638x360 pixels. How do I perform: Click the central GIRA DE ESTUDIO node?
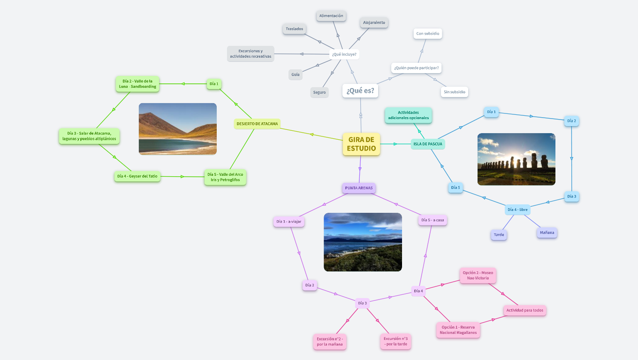(x=361, y=144)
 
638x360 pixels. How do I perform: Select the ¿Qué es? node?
(x=360, y=90)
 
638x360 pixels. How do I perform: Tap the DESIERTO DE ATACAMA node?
(x=257, y=124)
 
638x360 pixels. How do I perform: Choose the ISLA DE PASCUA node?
(x=427, y=144)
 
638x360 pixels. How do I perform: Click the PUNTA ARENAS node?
(x=359, y=188)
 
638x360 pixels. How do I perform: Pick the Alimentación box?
(x=331, y=16)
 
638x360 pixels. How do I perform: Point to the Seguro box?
(x=319, y=92)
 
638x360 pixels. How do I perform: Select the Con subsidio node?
(x=428, y=34)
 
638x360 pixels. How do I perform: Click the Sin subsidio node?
(x=454, y=92)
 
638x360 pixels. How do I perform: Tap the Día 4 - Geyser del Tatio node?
(x=137, y=176)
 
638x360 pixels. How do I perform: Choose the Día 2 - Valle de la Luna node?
(x=137, y=84)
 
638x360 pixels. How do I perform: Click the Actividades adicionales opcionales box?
(x=408, y=115)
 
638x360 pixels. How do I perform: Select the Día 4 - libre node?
(x=517, y=210)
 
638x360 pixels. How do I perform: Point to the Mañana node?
(x=547, y=232)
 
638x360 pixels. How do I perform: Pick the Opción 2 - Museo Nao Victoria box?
(x=478, y=276)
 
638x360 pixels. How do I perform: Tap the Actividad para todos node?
(x=525, y=310)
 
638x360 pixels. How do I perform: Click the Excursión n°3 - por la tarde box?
(x=395, y=341)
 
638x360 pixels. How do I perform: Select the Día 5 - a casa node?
(x=433, y=220)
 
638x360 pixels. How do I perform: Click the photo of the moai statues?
(x=516, y=159)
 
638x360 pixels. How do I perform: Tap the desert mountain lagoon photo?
(x=178, y=129)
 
